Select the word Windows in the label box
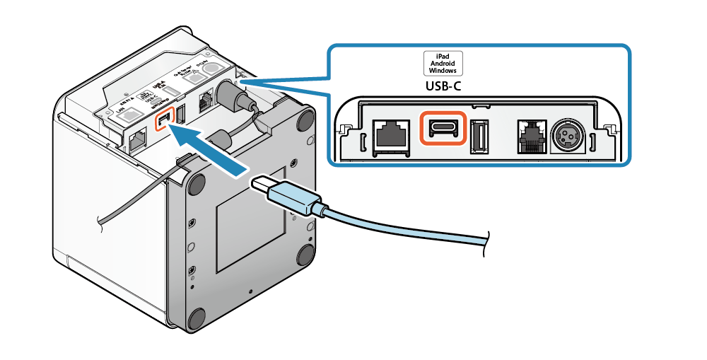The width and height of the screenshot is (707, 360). coord(443,70)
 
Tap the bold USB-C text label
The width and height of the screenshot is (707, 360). coord(443,87)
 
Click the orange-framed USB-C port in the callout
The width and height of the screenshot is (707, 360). coord(443,129)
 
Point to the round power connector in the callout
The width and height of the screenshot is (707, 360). coord(568,134)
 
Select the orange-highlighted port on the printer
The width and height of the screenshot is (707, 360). coord(164,121)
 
